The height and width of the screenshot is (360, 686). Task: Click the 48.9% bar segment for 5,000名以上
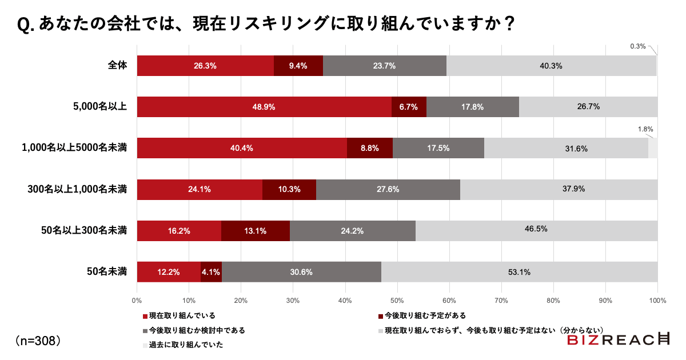click(264, 107)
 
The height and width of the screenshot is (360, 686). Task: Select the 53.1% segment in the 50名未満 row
click(519, 272)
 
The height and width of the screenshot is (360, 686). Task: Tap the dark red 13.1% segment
click(255, 231)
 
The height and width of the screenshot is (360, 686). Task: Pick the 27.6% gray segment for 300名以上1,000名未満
click(388, 190)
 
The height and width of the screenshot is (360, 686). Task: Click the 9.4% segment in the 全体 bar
click(298, 66)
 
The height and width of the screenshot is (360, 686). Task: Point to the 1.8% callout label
click(645, 129)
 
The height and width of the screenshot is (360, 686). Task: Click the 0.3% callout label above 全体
click(637, 46)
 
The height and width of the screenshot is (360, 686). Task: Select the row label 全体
click(117, 66)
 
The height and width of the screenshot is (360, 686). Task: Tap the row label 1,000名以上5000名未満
click(74, 148)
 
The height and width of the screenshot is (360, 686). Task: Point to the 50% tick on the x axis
click(397, 300)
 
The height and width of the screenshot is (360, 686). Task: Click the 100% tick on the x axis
click(657, 300)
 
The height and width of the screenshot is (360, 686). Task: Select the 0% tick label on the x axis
click(137, 300)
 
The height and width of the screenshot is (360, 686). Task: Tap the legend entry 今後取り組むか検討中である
click(197, 330)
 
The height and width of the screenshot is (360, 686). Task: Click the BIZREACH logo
click(619, 340)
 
